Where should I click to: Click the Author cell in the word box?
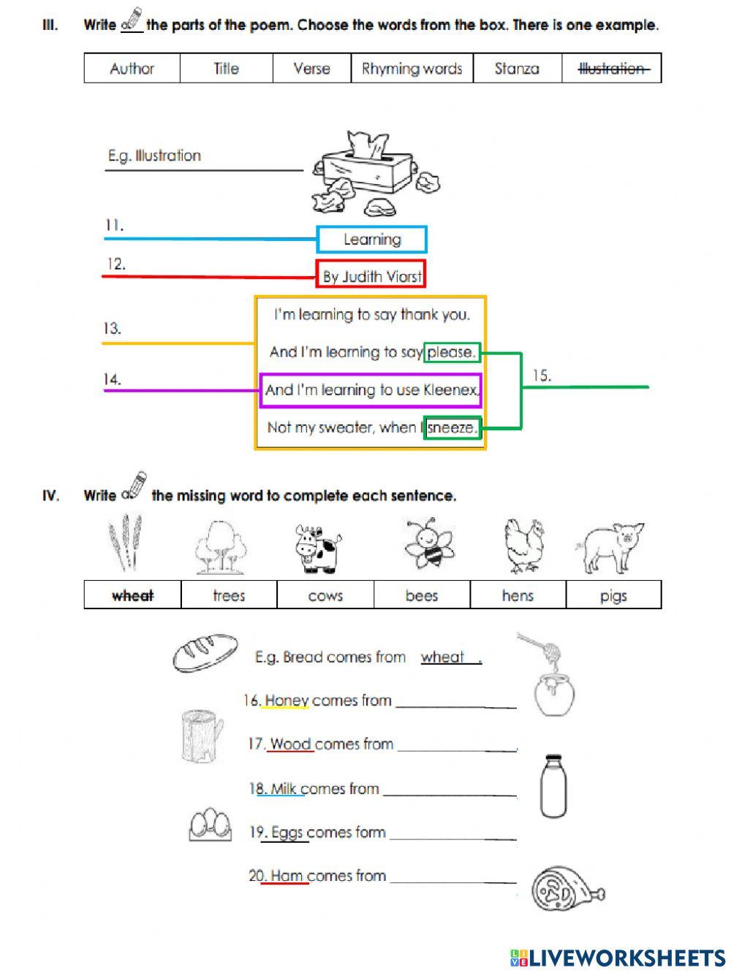click(x=132, y=69)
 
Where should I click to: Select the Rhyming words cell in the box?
click(x=412, y=69)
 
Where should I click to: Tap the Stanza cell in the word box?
click(x=517, y=69)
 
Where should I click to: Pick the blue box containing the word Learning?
click(x=371, y=240)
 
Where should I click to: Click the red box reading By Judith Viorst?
click(x=371, y=275)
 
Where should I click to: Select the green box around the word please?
click(x=452, y=352)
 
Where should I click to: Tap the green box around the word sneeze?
click(x=452, y=427)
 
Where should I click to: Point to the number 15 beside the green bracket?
click(x=541, y=375)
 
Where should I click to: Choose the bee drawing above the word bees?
click(x=429, y=546)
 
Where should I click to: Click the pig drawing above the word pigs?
click(x=613, y=546)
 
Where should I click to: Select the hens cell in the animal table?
click(x=518, y=595)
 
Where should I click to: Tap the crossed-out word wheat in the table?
click(x=132, y=595)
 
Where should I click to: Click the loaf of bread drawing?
click(x=205, y=652)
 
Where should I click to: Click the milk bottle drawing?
click(x=553, y=786)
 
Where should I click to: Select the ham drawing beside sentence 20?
click(x=567, y=889)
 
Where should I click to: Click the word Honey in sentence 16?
click(x=287, y=701)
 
